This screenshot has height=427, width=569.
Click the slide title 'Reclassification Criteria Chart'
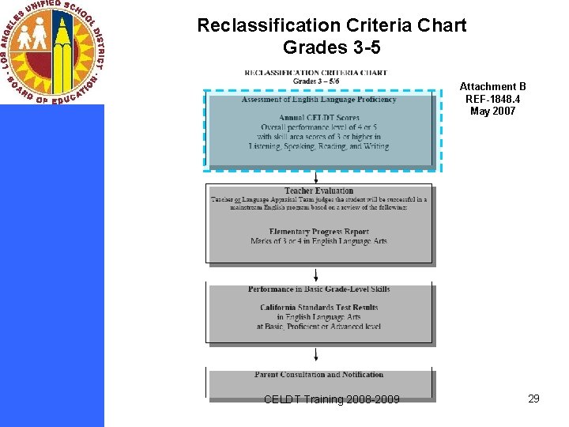pyautogui.click(x=331, y=25)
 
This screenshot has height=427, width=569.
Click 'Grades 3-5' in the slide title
pyautogui.click(x=331, y=48)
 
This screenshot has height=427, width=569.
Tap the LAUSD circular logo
pyautogui.click(x=52, y=52)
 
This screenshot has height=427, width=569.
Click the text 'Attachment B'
pyautogui.click(x=492, y=87)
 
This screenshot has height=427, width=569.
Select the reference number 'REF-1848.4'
pyautogui.click(x=492, y=99)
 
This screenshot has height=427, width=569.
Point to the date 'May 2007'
pyautogui.click(x=492, y=111)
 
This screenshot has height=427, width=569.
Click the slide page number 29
pyautogui.click(x=533, y=399)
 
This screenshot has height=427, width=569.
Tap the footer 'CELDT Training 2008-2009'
pyautogui.click(x=331, y=399)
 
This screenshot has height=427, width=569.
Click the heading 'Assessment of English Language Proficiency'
pyautogui.click(x=318, y=100)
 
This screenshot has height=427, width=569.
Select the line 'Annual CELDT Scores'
pyautogui.click(x=318, y=118)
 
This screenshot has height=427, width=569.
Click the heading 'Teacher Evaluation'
pyautogui.click(x=318, y=191)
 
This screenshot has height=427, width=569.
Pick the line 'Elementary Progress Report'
pyautogui.click(x=318, y=232)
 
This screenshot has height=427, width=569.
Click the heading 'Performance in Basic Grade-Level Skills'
pyautogui.click(x=318, y=289)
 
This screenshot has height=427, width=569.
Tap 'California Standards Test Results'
pyautogui.click(x=318, y=308)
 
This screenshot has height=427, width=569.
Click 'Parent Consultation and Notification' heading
pyautogui.click(x=318, y=375)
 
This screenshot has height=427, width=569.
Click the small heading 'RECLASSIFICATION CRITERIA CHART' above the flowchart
pyautogui.click(x=316, y=72)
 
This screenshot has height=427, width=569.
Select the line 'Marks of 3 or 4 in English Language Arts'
pyautogui.click(x=318, y=241)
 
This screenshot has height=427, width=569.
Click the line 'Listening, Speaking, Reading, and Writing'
pyautogui.click(x=318, y=146)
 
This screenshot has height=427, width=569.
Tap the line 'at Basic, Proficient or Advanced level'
pyautogui.click(x=318, y=326)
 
